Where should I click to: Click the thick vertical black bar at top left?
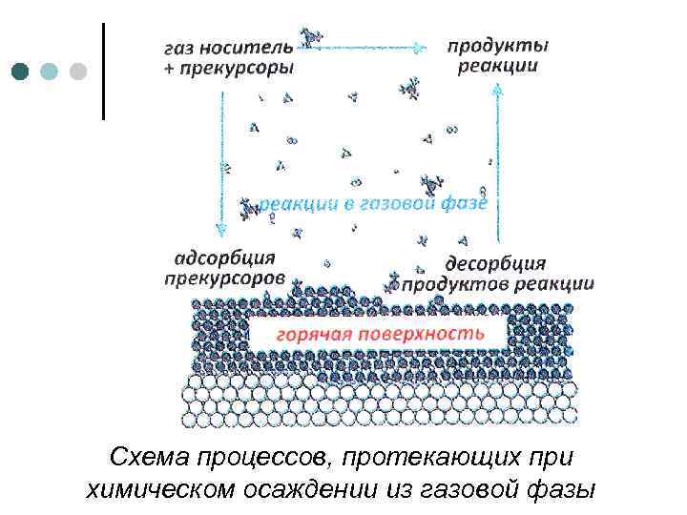click(x=102, y=71)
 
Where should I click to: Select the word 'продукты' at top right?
click(x=498, y=45)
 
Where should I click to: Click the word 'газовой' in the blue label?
click(x=411, y=203)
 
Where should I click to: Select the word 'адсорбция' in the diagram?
click(x=225, y=258)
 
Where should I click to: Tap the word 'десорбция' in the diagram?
click(x=495, y=262)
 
